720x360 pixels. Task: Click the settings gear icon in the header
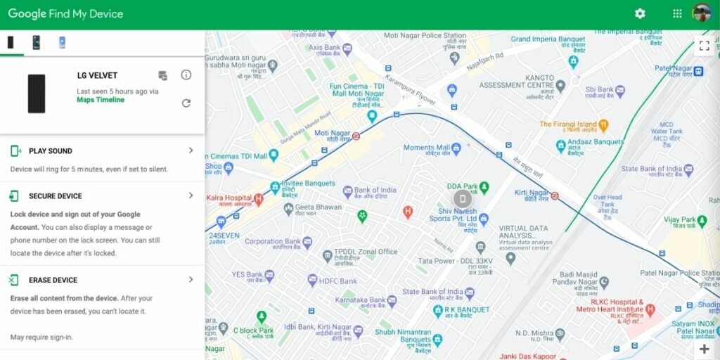pos(640,13)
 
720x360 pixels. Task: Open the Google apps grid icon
pos(677,13)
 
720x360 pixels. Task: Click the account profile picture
pos(702,13)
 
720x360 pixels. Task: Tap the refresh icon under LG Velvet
pos(186,103)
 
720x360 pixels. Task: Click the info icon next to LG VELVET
pos(186,75)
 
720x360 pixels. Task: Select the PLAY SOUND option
pos(51,151)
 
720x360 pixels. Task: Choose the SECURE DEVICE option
pos(55,196)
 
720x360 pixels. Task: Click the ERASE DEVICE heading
pos(53,280)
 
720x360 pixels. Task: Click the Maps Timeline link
pos(101,100)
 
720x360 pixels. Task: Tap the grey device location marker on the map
pos(462,199)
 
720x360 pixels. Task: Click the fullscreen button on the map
pos(704,46)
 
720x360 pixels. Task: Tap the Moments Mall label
pos(427,148)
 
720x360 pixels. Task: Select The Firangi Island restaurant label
pos(568,124)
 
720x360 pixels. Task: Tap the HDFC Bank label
pos(339,281)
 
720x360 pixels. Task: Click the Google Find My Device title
pos(65,14)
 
